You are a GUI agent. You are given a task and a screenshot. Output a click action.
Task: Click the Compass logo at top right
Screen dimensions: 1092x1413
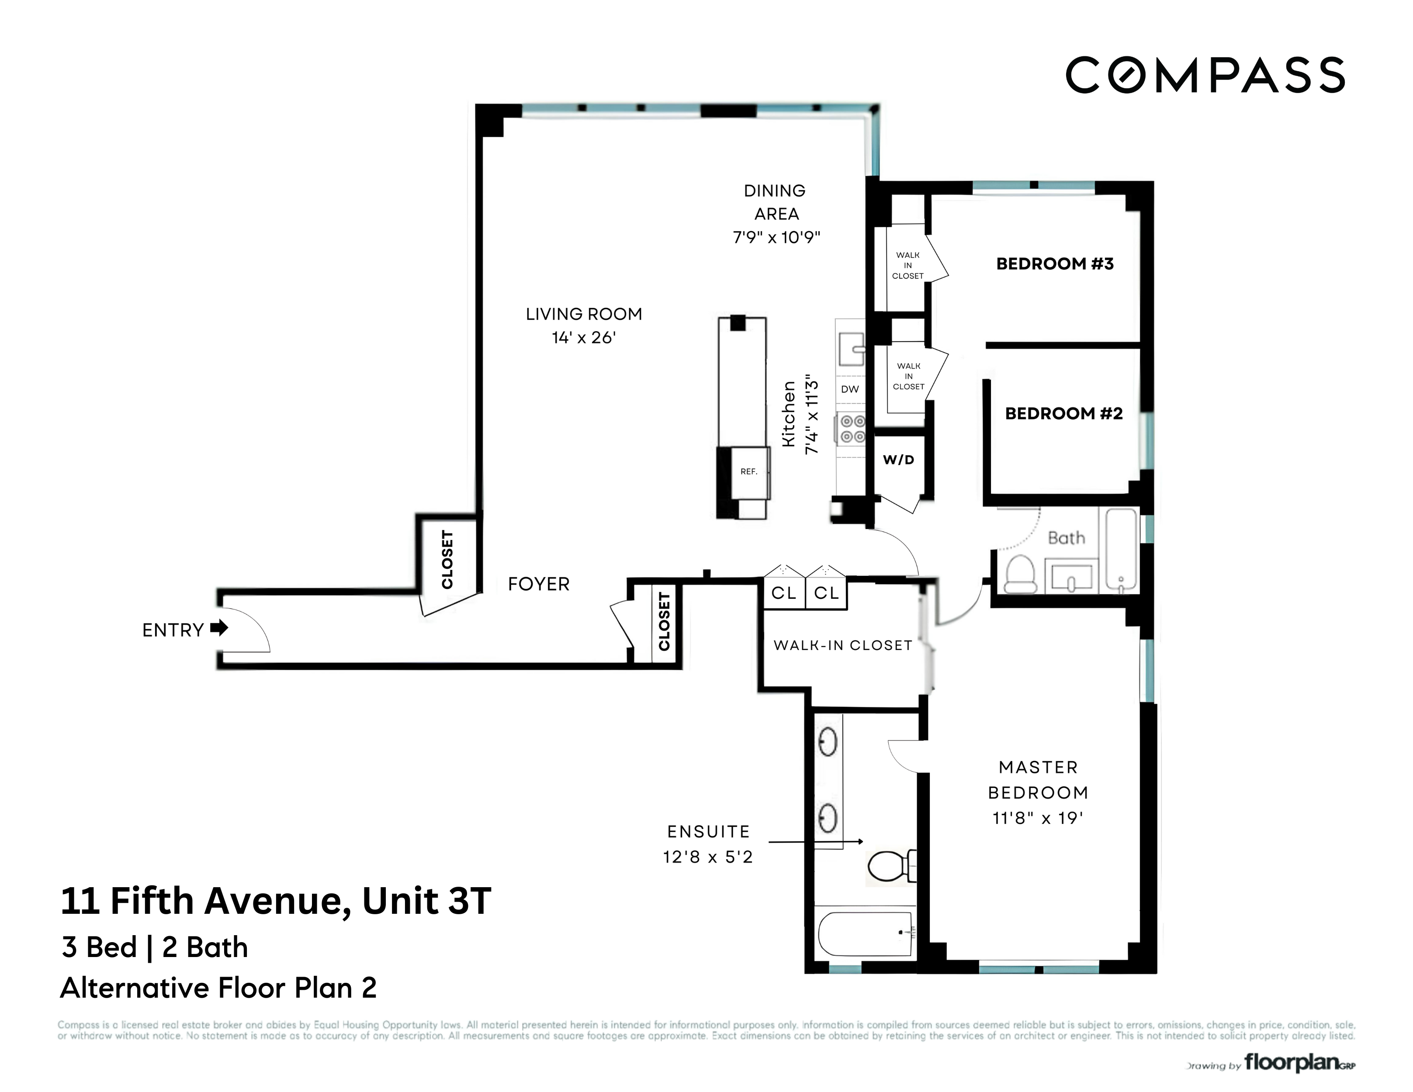click(1205, 75)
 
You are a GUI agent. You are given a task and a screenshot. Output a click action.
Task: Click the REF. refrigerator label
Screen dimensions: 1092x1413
click(748, 472)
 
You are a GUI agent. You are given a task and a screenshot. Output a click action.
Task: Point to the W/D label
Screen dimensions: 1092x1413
click(899, 460)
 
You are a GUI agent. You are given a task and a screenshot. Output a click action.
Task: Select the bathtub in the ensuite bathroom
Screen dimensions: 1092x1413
click(866, 933)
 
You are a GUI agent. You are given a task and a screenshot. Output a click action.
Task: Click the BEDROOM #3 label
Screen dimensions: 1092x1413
click(1055, 264)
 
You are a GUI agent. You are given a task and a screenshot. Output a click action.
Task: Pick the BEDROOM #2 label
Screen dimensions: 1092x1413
click(1063, 413)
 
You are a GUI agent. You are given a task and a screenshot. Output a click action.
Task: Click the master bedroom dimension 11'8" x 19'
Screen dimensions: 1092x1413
click(1038, 819)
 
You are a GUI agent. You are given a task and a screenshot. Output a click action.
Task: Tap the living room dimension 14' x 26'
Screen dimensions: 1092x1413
click(584, 338)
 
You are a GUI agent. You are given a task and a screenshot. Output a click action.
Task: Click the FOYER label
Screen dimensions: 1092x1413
click(538, 584)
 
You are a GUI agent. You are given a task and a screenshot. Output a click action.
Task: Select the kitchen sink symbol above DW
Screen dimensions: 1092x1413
click(851, 350)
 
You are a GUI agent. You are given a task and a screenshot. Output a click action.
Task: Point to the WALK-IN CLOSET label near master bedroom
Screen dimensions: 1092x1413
click(842, 645)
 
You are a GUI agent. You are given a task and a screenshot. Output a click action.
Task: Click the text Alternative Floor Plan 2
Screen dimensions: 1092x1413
click(218, 988)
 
